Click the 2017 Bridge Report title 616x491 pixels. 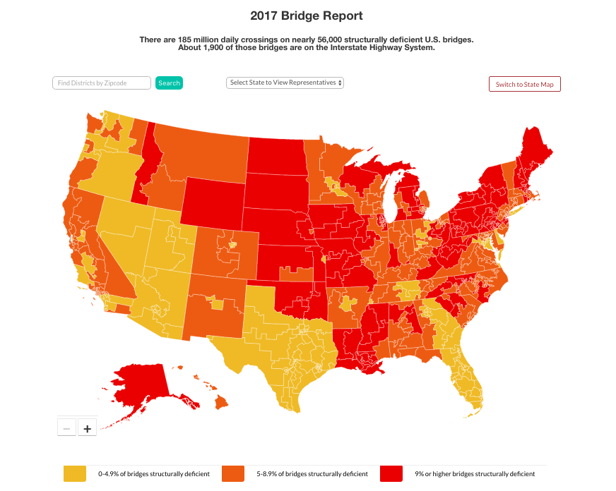tap(307, 15)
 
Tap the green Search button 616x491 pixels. tap(169, 83)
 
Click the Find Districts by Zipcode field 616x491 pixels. tap(102, 83)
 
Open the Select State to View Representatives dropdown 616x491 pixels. tap(285, 83)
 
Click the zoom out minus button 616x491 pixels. tap(66, 428)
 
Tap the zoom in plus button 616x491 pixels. tap(87, 428)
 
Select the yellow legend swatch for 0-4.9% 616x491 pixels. tap(75, 474)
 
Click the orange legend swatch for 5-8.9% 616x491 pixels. tap(233, 474)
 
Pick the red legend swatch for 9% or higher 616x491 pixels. tap(391, 474)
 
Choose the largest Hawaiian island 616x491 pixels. tap(221, 401)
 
